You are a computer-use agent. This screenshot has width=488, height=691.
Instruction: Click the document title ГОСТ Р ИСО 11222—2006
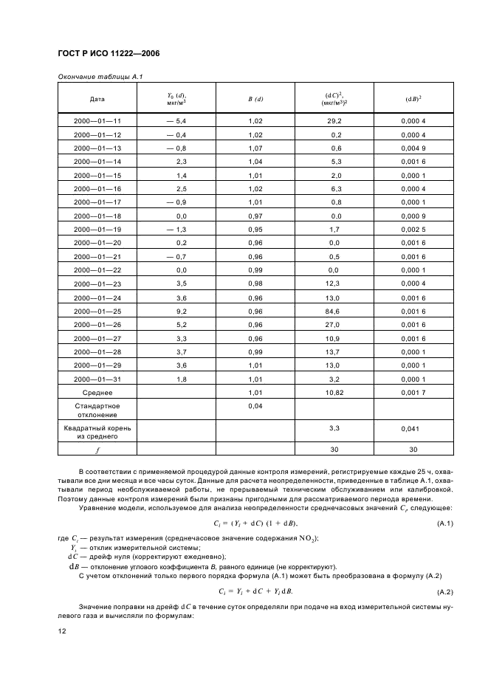point(109,54)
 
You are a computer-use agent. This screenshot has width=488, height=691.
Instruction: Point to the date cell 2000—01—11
point(97,120)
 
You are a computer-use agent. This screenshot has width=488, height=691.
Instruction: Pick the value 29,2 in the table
point(334,120)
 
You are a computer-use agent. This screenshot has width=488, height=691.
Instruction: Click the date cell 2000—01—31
point(97,379)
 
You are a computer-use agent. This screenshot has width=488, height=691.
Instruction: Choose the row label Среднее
point(97,393)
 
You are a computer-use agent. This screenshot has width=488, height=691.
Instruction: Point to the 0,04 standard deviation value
point(255,406)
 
